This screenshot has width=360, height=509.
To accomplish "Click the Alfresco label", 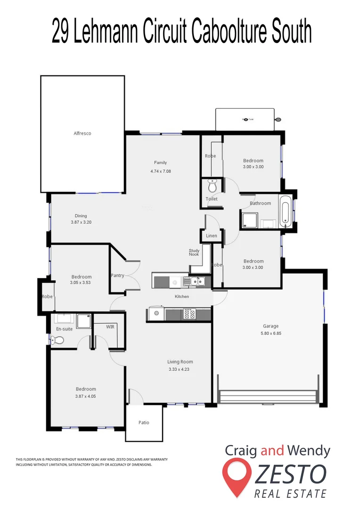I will pyautogui.click(x=82, y=133).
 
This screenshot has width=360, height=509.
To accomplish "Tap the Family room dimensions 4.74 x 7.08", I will pyautogui.click(x=160, y=171).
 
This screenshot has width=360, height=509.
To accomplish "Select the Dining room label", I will pyautogui.click(x=80, y=216).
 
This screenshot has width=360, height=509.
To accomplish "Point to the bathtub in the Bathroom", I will pyautogui.click(x=285, y=213).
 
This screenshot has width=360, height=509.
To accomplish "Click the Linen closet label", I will pyautogui.click(x=212, y=236).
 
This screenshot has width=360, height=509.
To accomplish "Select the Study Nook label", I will pyautogui.click(x=194, y=253).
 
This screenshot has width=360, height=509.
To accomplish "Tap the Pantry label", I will pyautogui.click(x=117, y=275).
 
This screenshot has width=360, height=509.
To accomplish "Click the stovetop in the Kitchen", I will pyautogui.click(x=189, y=314).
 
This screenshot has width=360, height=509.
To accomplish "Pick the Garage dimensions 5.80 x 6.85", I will pyautogui.click(x=271, y=333).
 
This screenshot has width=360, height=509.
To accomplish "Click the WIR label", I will pyautogui.click(x=110, y=326).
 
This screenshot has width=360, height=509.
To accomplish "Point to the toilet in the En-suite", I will pyautogui.click(x=59, y=339).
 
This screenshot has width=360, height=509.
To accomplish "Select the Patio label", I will pyautogui.click(x=144, y=422).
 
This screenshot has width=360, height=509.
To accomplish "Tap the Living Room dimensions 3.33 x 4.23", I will pyautogui.click(x=180, y=369).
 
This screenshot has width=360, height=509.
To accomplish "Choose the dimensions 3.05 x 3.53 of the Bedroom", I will pyautogui.click(x=81, y=283).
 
